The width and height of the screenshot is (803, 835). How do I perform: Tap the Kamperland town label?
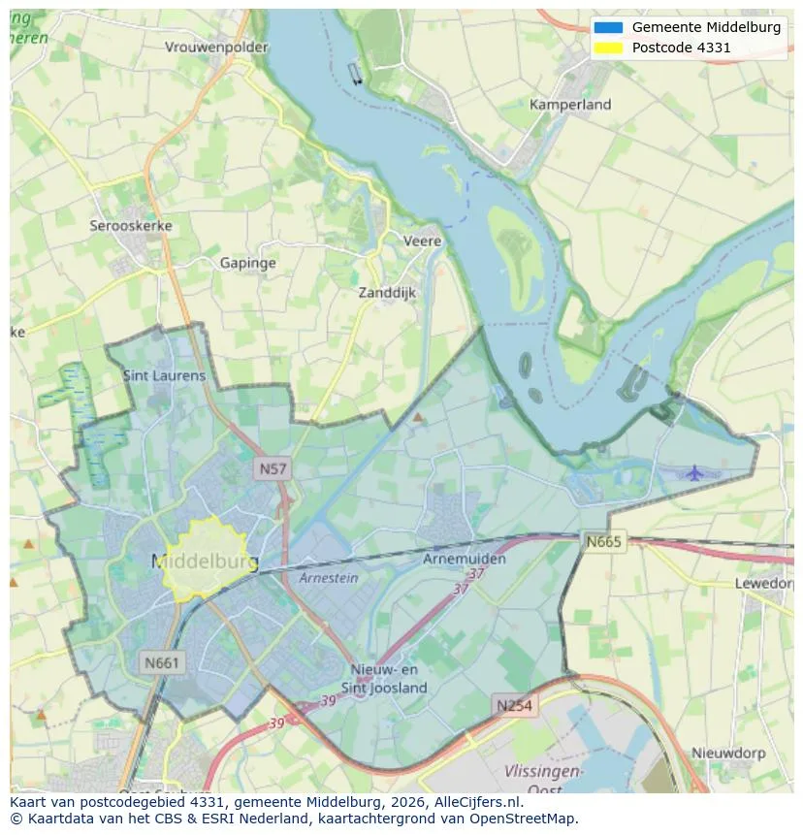[x=570, y=105]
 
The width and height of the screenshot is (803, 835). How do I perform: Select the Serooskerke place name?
[x=131, y=226]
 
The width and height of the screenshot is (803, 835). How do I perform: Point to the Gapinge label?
[x=247, y=263]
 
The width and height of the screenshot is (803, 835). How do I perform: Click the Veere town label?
[x=422, y=241]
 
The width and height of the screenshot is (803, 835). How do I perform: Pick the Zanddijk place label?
[x=387, y=292]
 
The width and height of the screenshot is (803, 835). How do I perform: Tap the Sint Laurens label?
[x=164, y=375]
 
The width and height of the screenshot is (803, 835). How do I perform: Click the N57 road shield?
[x=273, y=469]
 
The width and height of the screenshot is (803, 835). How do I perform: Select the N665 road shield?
[x=603, y=541]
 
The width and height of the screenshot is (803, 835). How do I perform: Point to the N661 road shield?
[x=162, y=663]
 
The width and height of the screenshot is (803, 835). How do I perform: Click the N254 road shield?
[x=513, y=705]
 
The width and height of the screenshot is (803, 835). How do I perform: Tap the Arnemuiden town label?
[x=465, y=560]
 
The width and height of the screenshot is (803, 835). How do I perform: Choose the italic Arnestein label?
[x=328, y=578]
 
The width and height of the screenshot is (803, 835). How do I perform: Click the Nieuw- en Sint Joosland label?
[x=385, y=679]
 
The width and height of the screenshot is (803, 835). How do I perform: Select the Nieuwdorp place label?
[x=728, y=753]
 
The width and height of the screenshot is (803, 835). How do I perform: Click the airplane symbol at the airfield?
[x=694, y=472]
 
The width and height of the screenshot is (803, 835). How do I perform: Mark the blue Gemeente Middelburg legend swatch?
[x=608, y=27]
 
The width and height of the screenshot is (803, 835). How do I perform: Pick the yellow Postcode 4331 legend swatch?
[x=608, y=48]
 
